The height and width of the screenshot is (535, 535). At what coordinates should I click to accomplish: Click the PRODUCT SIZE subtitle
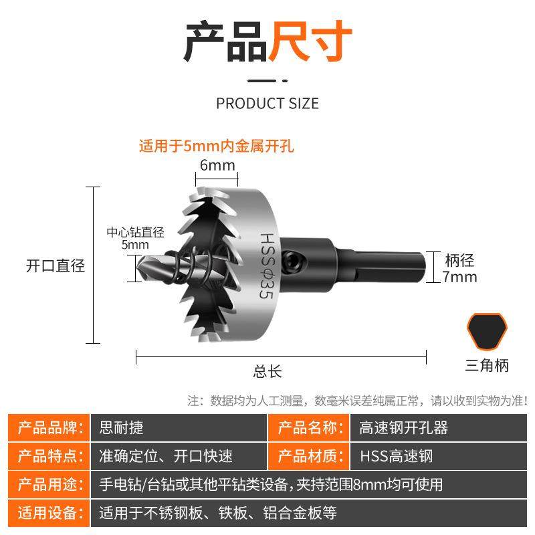pyautogui.click(x=267, y=103)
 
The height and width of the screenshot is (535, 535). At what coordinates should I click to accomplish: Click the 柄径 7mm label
pyautogui.click(x=460, y=267)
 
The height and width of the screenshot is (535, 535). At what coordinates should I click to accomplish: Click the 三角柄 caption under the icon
pyautogui.click(x=487, y=365)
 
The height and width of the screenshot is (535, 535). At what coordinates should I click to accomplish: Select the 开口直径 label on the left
pyautogui.click(x=55, y=265)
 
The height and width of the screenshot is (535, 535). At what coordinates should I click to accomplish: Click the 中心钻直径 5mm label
pyautogui.click(x=135, y=238)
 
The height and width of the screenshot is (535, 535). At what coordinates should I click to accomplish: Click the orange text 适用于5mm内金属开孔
pyautogui.click(x=216, y=146)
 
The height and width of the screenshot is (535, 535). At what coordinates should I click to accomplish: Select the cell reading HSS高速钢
pyautogui.click(x=397, y=456)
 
